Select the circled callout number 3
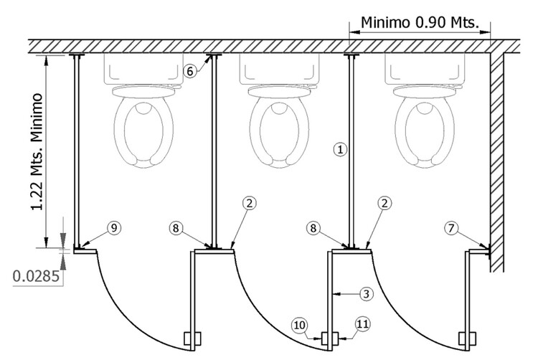click(366, 293)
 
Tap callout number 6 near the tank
click(189, 71)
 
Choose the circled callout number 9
click(114, 228)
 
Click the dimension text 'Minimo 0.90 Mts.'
click(419, 22)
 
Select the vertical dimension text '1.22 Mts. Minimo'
click(35, 152)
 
